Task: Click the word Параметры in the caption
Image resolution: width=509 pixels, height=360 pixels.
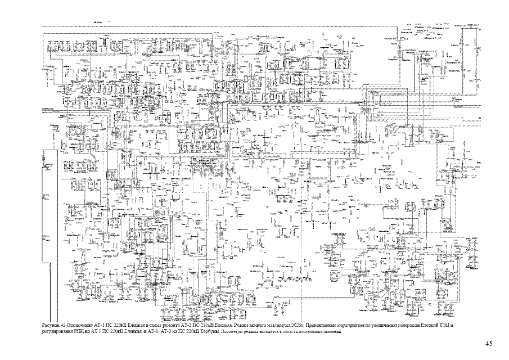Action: tap(223, 332)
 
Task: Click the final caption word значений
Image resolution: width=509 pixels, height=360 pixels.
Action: tap(330, 332)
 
